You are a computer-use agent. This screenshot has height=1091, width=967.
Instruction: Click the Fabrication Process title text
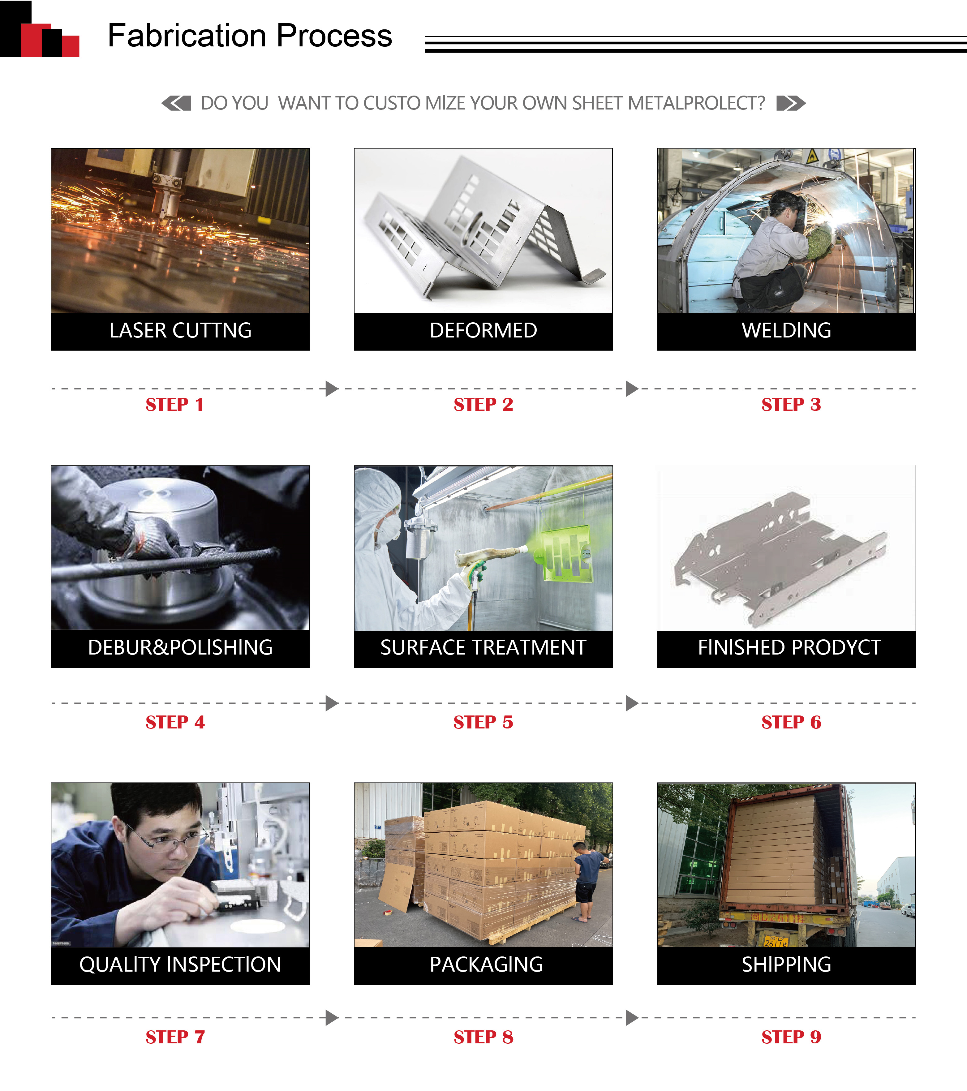[x=250, y=36]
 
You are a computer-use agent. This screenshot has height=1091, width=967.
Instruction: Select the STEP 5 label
[x=483, y=722]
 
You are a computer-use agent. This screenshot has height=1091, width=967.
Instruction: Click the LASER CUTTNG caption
[x=180, y=330]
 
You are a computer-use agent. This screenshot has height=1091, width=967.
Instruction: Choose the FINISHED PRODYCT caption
[x=789, y=647]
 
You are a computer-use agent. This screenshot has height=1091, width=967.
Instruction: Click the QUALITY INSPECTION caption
[x=180, y=964]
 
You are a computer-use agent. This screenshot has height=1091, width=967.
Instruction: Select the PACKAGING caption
[x=486, y=964]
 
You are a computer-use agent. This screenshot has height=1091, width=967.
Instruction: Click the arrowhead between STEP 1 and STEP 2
[x=331, y=389]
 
